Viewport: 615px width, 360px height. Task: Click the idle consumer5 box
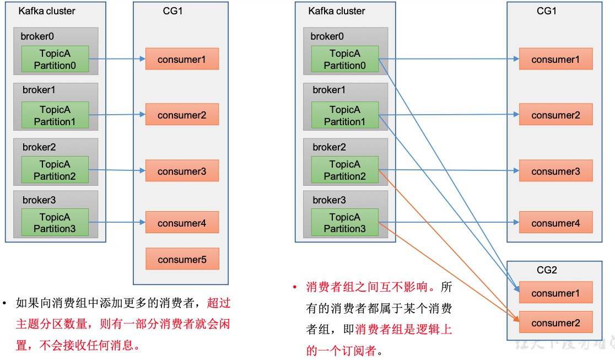click(182, 259)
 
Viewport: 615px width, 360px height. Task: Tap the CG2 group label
click(547, 270)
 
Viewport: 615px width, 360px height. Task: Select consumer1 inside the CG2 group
click(555, 293)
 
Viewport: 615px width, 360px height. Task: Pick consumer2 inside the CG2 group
click(555, 323)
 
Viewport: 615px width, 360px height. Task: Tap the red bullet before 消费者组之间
click(294, 287)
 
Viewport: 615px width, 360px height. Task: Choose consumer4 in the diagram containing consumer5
click(182, 223)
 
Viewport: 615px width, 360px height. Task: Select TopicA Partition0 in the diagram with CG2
click(344, 60)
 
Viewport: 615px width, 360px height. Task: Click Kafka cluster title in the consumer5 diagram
click(47, 11)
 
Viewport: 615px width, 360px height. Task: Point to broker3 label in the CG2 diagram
click(329, 200)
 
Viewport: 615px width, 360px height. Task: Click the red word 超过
click(219, 303)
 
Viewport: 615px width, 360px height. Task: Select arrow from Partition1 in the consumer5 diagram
click(117, 115)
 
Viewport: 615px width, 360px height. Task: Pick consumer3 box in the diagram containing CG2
click(555, 171)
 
